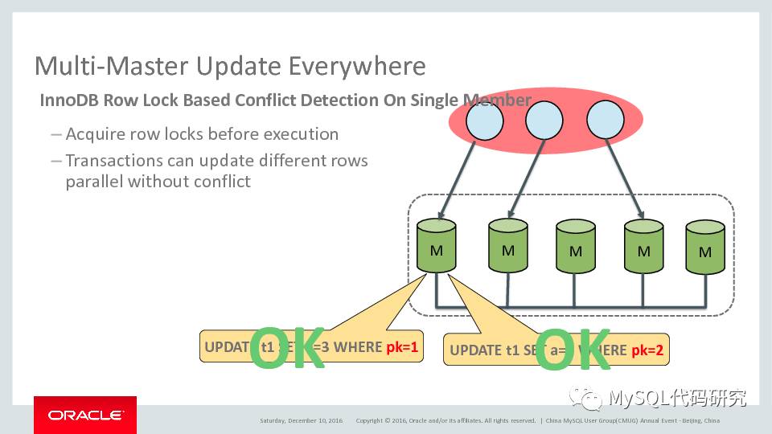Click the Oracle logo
coord(84,415)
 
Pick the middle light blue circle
coord(544,121)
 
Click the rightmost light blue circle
coord(606,121)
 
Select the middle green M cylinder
coord(576,247)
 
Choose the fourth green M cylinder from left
coord(643,247)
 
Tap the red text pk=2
coord(650,350)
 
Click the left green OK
coord(287,348)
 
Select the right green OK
coord(574,351)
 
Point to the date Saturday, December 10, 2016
coord(301,420)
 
